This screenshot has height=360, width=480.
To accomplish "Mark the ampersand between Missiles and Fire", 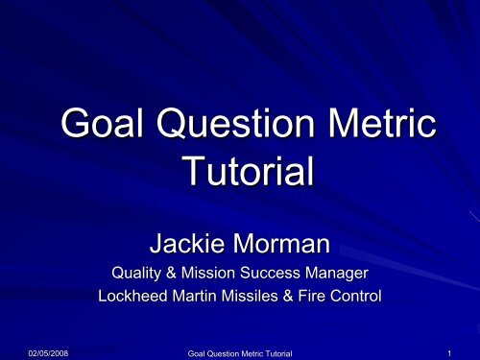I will (x=291, y=298).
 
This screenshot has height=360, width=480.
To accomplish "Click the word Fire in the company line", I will (x=314, y=298).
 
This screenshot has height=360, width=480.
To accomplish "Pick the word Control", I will (x=356, y=298).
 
